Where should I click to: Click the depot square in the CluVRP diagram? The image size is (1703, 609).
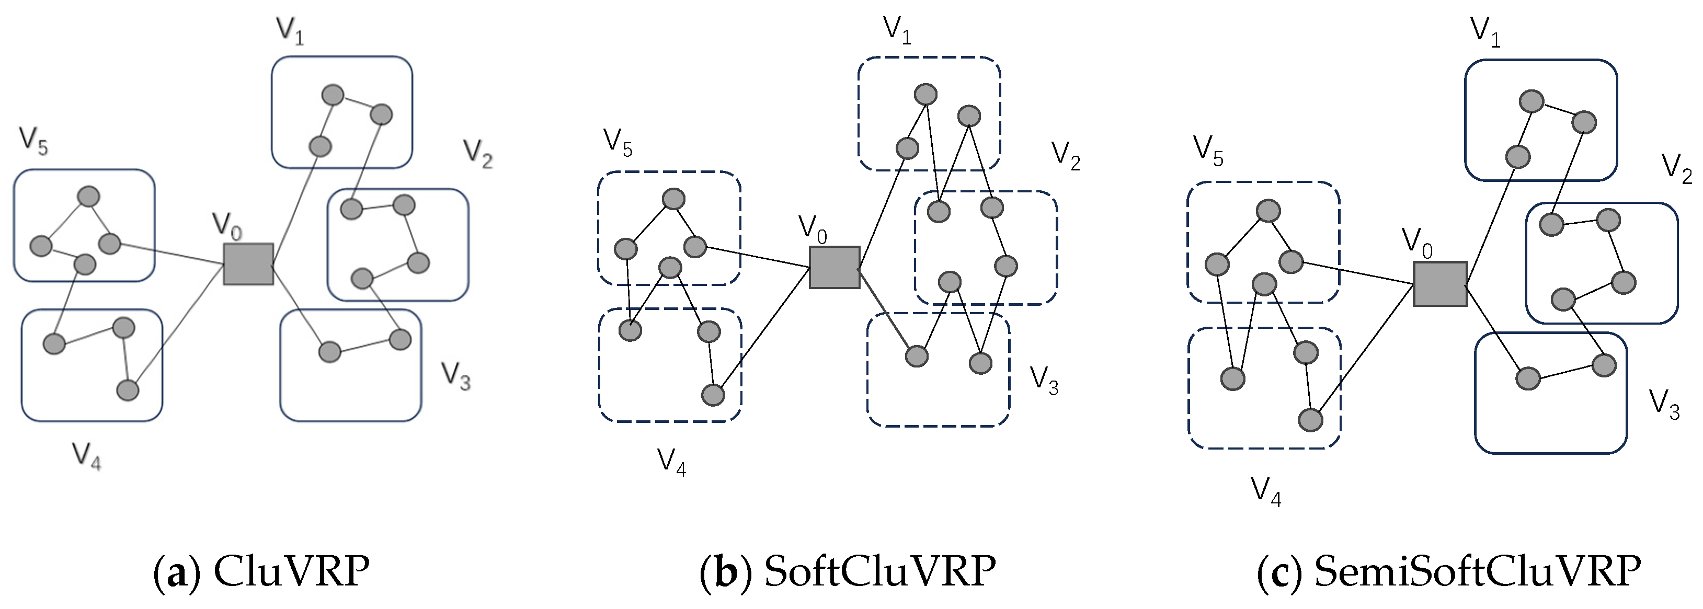[248, 264]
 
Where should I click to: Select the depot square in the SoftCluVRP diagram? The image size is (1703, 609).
[835, 267]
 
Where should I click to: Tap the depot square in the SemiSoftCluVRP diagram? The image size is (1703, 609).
[1440, 284]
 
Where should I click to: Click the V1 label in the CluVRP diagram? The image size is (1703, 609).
[290, 30]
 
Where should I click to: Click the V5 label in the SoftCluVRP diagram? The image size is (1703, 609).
[618, 143]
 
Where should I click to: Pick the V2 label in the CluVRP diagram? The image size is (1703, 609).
[478, 153]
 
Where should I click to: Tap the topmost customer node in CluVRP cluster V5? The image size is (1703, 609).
[88, 197]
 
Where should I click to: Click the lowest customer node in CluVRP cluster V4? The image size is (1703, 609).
[128, 390]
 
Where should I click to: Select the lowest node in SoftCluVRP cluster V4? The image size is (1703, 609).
[713, 395]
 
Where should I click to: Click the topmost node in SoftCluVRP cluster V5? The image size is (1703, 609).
[673, 198]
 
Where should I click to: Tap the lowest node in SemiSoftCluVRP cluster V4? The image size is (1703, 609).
[1310, 420]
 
